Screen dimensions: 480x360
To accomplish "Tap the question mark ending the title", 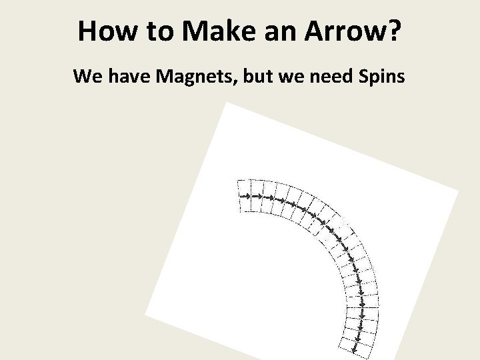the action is click(393, 32).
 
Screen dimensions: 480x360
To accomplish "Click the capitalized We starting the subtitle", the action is click(87, 76).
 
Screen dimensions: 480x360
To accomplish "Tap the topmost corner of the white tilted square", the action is click(227, 103).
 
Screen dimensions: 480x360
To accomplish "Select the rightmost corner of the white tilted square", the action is click(459, 190).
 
